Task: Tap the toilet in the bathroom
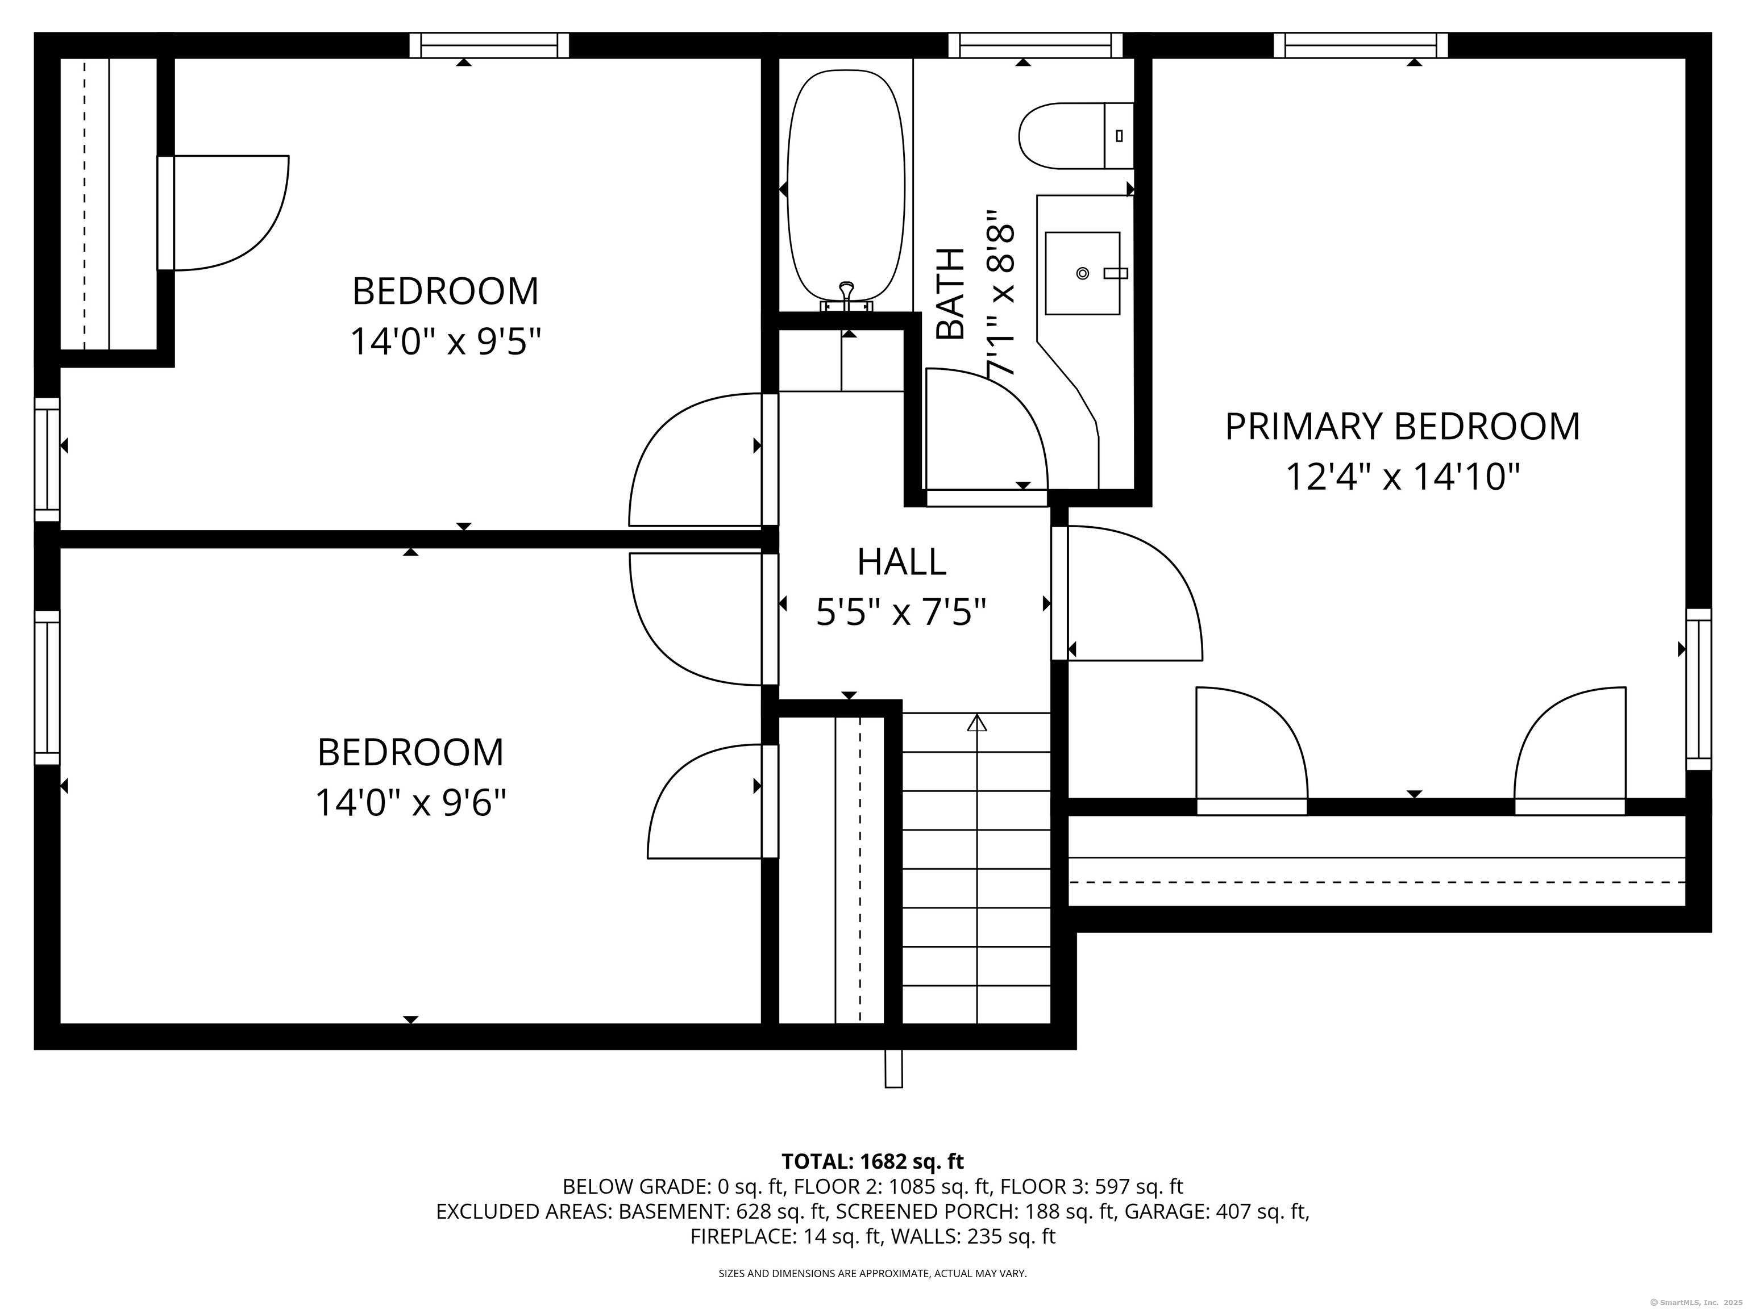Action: point(1076,136)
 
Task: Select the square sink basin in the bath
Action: point(1082,273)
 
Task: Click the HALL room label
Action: point(901,562)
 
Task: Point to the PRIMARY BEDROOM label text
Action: point(1402,426)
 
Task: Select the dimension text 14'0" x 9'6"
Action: point(410,803)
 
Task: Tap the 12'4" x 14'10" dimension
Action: point(1403,477)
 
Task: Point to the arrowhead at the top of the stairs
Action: point(977,722)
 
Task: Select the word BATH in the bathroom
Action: point(950,294)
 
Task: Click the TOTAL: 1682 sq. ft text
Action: point(872,1161)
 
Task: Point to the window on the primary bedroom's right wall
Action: point(1699,689)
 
